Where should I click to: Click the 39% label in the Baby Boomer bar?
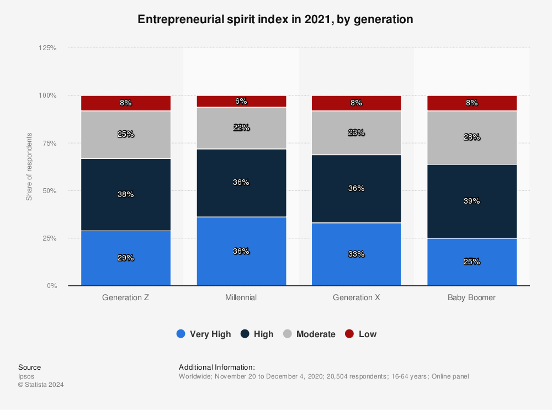[x=472, y=201]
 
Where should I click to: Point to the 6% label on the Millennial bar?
[x=241, y=102]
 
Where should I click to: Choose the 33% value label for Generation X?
[x=357, y=254]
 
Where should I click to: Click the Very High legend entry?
[x=204, y=334]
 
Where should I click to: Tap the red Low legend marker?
[x=349, y=334]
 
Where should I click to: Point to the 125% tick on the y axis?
[x=48, y=48]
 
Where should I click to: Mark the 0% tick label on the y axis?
[x=52, y=286]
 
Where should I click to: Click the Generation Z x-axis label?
[x=126, y=297]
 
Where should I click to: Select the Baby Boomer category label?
[x=472, y=297]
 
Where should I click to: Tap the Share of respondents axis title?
[x=29, y=167]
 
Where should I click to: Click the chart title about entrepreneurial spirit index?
[x=275, y=19]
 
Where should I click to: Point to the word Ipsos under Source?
[x=26, y=376]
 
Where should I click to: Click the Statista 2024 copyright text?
[x=41, y=385]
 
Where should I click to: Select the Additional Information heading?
[x=217, y=367]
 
